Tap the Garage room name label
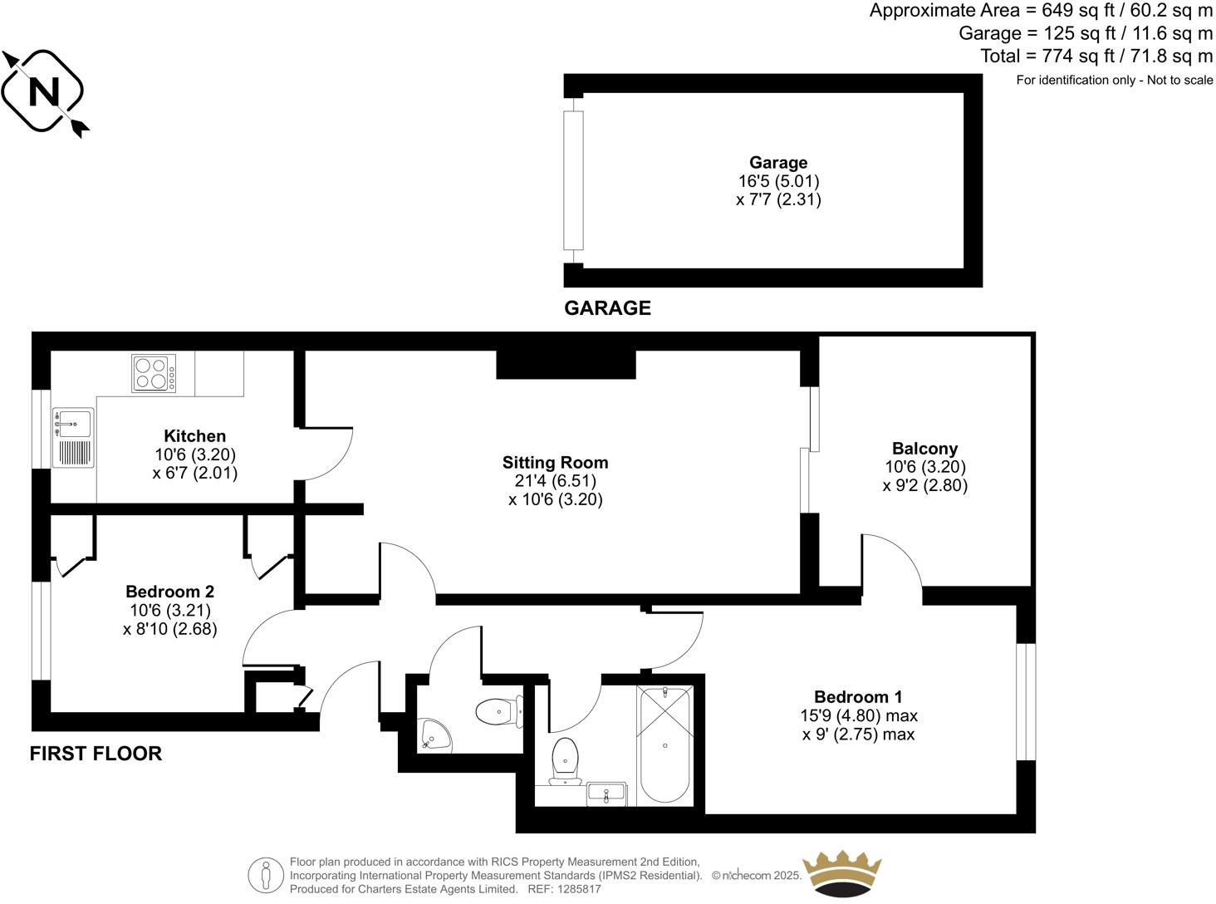click(x=778, y=163)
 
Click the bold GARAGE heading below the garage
click(x=607, y=308)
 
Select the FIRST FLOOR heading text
click(x=96, y=754)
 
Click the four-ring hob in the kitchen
click(x=154, y=373)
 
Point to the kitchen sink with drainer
click(x=73, y=438)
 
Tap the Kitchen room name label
click(x=195, y=436)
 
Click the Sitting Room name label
click(x=555, y=463)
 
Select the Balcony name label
click(x=924, y=449)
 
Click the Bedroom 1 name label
click(x=858, y=697)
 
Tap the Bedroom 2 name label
click(x=170, y=592)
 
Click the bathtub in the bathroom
click(x=664, y=744)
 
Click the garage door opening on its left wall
click(x=571, y=180)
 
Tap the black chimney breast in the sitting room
click(x=566, y=364)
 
